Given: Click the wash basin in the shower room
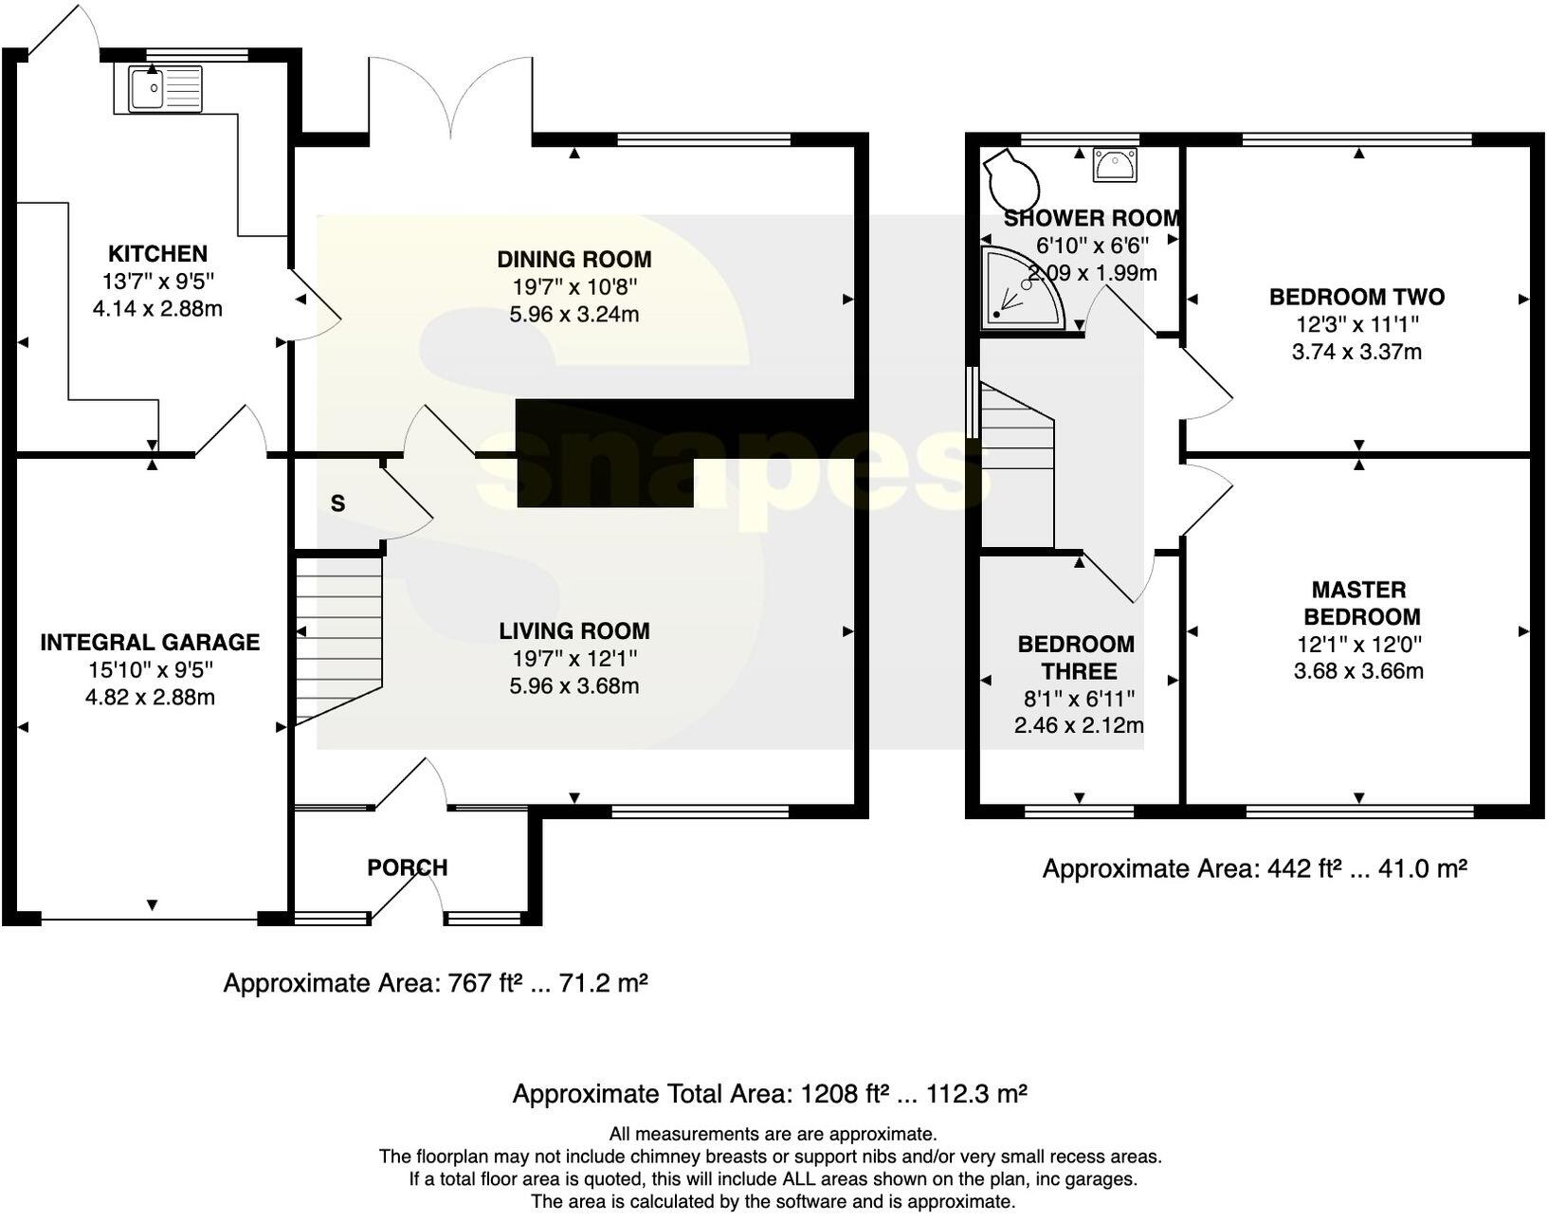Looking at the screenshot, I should tap(1114, 164).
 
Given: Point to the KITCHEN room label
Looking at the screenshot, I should tap(157, 254).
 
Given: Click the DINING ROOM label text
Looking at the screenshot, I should tap(574, 260).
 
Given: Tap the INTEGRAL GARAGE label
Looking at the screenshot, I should tap(150, 643).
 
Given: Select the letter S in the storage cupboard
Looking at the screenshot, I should tap(337, 504).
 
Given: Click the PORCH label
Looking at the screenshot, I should tap(407, 867).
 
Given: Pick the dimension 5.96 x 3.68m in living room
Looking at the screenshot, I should tap(574, 685).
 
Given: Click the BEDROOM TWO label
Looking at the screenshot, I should tap(1356, 298).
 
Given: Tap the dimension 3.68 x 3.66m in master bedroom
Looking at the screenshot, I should tap(1358, 671).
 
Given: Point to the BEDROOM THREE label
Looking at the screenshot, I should tap(1076, 658).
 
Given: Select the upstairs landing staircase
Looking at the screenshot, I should tap(1016, 465).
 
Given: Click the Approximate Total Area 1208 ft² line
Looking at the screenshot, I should tap(770, 1094).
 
